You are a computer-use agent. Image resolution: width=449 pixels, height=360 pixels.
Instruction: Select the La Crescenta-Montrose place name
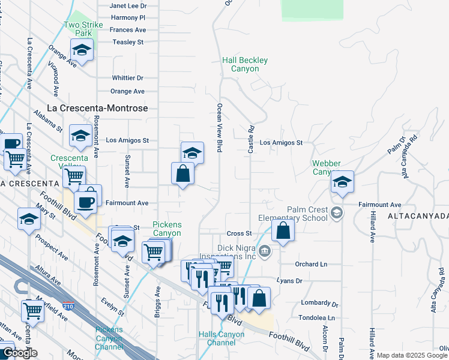[x=91, y=108]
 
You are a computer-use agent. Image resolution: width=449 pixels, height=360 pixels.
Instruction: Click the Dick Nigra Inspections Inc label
[x=244, y=252]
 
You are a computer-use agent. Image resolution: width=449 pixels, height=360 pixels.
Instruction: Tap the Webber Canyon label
[x=327, y=167]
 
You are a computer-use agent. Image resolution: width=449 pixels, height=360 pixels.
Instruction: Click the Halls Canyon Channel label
[x=221, y=338]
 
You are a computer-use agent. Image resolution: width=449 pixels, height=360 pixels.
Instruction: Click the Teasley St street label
[x=129, y=42]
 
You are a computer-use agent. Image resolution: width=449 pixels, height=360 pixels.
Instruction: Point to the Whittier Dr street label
[x=128, y=78]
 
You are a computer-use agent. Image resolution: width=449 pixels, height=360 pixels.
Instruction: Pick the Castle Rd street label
[x=250, y=139]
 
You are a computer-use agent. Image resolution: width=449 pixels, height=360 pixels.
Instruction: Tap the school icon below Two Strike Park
[x=82, y=50]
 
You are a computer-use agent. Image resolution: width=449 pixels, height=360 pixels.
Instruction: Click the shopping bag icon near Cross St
[x=283, y=230]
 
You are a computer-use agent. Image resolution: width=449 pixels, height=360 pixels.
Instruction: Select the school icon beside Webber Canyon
[x=342, y=182]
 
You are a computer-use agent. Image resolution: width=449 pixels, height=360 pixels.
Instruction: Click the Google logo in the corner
[x=19, y=353]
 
